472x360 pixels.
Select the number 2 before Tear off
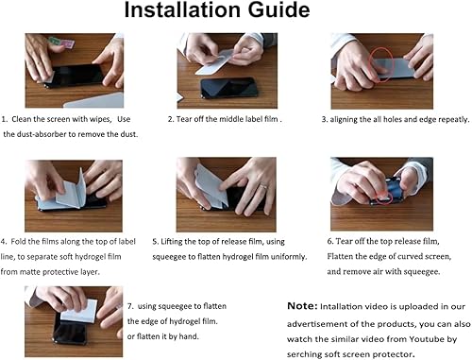coord(171,120)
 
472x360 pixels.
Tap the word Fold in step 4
coord(23,241)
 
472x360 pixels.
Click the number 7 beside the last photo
coord(128,305)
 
